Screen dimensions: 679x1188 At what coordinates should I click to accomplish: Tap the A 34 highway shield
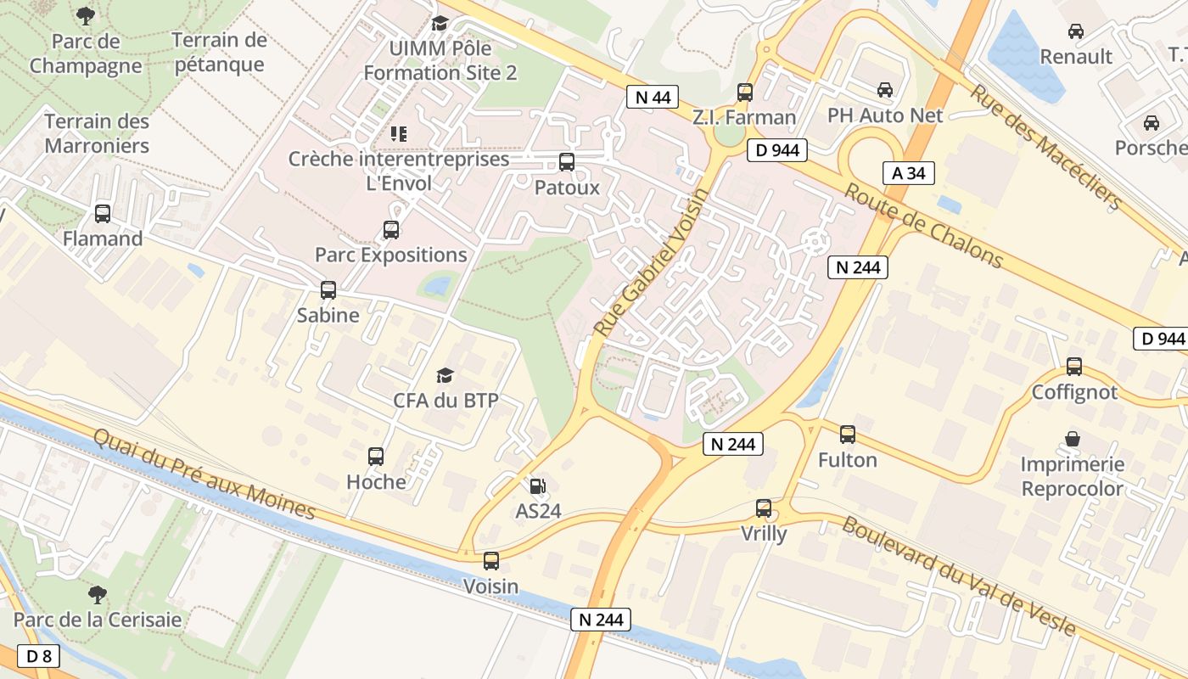pos(908,173)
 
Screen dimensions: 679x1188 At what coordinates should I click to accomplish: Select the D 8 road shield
pos(39,656)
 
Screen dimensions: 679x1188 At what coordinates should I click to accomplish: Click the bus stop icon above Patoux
pos(567,162)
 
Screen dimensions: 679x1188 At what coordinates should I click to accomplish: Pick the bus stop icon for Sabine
pos(328,290)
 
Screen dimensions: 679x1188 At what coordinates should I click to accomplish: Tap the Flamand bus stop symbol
pos(103,214)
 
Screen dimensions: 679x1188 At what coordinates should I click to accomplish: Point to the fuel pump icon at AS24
pos(537,486)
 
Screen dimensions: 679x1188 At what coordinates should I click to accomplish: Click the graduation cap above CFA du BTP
pos(445,375)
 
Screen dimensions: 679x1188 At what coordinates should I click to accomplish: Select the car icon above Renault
pos(1076,31)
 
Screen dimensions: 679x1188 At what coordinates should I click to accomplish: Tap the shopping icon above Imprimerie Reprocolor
pos(1073,439)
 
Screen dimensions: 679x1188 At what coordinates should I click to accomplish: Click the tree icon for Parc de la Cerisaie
pos(98,594)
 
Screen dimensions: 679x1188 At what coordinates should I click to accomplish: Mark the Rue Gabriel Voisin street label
pos(650,262)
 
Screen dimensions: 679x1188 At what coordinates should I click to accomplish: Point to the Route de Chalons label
pos(924,227)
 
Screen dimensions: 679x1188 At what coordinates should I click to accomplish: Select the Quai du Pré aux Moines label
pos(204,474)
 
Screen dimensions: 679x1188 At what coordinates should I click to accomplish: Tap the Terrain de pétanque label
pos(219,53)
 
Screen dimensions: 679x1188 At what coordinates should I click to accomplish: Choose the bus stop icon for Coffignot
pos(1074,367)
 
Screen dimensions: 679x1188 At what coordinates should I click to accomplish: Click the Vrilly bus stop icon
pos(764,508)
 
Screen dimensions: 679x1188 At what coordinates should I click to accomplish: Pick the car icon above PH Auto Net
pos(885,90)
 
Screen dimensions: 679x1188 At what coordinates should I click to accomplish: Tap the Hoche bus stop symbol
pos(376,457)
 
